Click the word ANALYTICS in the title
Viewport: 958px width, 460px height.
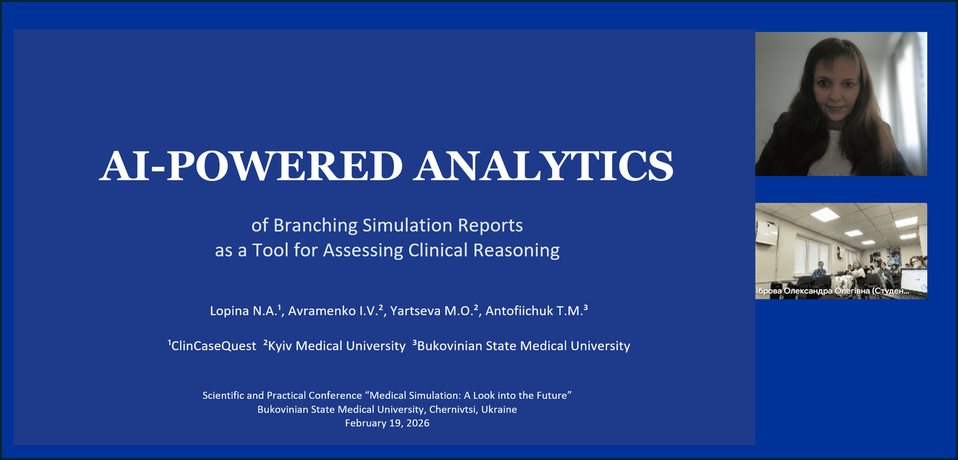coord(544,166)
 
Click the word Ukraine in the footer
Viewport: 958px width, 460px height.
coord(499,409)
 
